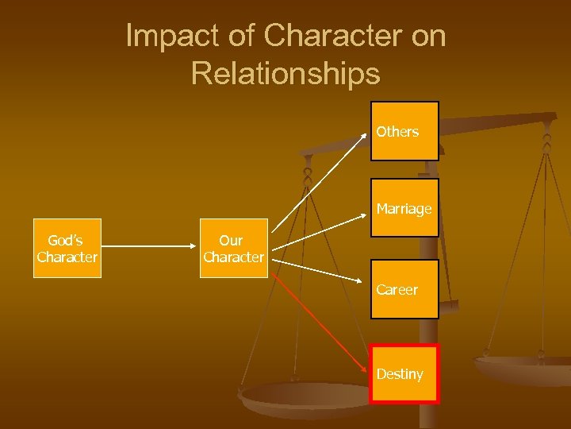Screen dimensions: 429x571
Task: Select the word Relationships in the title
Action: pyautogui.click(x=285, y=73)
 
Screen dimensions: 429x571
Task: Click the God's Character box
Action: pyautogui.click(x=67, y=248)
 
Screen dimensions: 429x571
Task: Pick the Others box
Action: pyautogui.click(x=404, y=131)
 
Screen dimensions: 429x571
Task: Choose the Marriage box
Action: pyautogui.click(x=404, y=208)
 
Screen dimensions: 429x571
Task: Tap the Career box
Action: pyautogui.click(x=404, y=289)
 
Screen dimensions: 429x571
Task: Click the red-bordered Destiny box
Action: pyautogui.click(x=404, y=373)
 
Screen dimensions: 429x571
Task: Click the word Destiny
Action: pyautogui.click(x=400, y=374)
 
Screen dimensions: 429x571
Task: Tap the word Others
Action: pyautogui.click(x=397, y=132)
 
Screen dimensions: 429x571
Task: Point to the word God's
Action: pyautogui.click(x=64, y=240)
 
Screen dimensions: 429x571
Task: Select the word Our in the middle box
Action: pyautogui.click(x=231, y=240)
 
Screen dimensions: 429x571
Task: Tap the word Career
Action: pyautogui.click(x=397, y=290)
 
